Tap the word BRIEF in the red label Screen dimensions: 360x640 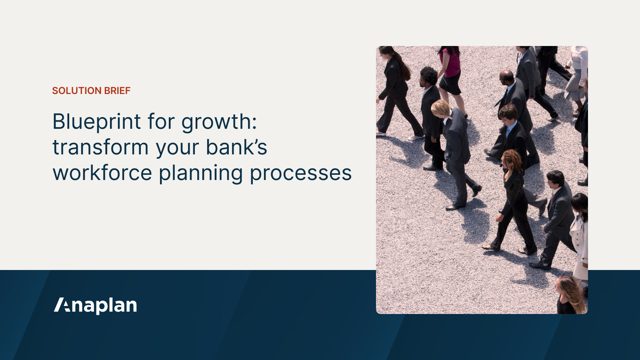pos(117,91)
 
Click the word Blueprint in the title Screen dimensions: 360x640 pos(97,122)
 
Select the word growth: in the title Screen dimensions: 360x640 pos(219,122)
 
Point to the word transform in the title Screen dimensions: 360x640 pos(100,147)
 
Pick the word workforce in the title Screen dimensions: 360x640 pos(102,173)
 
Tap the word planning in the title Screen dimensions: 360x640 pos(201,174)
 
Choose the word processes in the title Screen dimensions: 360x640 pos(301,174)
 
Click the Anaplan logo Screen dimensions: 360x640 pos(96,306)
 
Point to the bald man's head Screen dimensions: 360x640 pos(506,76)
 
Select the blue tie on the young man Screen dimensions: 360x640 pos(508,131)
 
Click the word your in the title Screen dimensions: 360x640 pos(177,148)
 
